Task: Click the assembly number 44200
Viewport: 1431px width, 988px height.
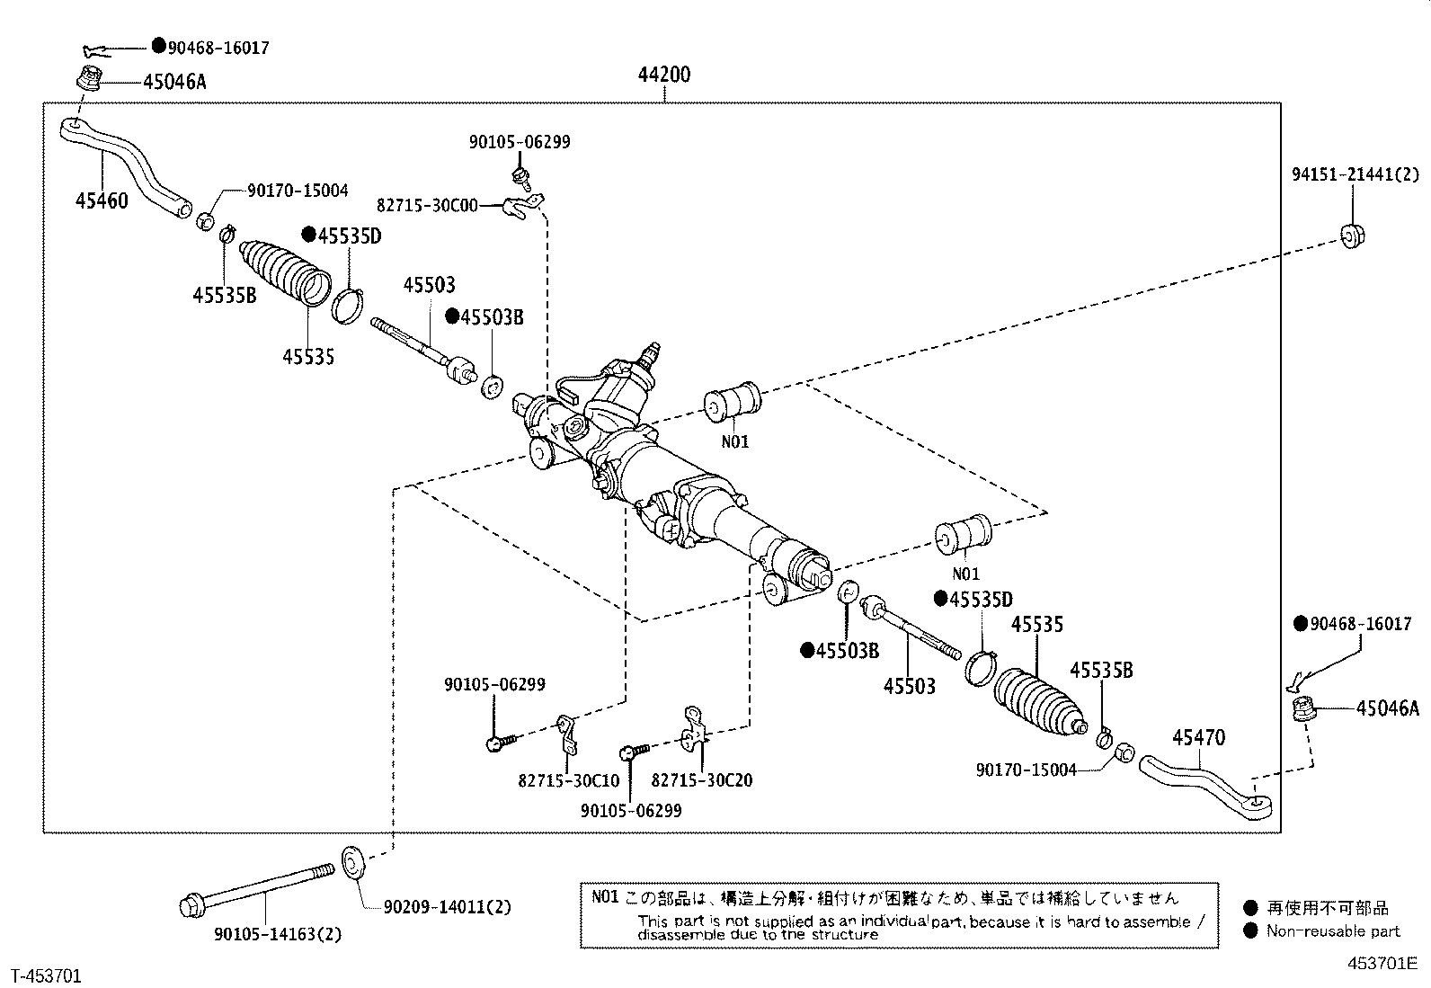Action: pyautogui.click(x=664, y=75)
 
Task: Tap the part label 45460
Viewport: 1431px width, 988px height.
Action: pyautogui.click(x=102, y=200)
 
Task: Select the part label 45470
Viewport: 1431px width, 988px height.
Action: pyautogui.click(x=1198, y=738)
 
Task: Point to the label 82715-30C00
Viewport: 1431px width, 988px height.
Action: pyautogui.click(x=427, y=206)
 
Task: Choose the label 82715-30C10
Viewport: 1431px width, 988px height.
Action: pyautogui.click(x=568, y=780)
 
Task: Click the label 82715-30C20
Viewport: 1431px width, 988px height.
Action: pyautogui.click(x=701, y=780)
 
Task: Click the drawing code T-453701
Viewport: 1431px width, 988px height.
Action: pyautogui.click(x=46, y=975)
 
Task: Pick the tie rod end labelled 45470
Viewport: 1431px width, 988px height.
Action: pyautogui.click(x=1205, y=782)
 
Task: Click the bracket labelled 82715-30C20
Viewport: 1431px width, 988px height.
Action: pyautogui.click(x=694, y=727)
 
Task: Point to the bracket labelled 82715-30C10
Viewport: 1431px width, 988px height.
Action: pyautogui.click(x=566, y=733)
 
